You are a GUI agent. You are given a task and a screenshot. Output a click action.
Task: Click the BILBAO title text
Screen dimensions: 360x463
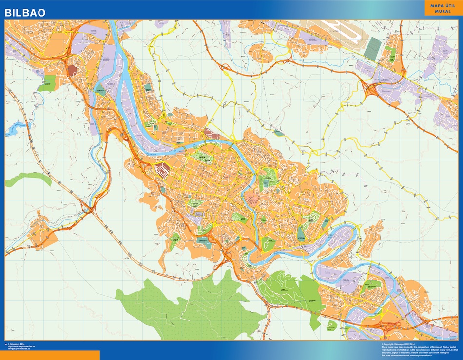25,12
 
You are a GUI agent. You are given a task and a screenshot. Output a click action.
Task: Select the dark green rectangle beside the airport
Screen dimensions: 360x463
372,48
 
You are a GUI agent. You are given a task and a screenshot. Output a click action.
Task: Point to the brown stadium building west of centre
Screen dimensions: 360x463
161,171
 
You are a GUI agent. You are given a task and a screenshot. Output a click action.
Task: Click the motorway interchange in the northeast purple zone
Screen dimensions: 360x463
372,89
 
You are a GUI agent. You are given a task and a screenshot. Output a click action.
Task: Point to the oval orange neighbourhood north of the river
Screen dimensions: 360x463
262,52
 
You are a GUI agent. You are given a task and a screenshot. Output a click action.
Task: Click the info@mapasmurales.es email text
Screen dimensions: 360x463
19,349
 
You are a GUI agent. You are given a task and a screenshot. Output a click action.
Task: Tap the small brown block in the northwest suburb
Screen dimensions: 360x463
72,70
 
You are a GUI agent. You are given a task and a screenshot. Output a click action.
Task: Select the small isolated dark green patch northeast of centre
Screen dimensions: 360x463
278,132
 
